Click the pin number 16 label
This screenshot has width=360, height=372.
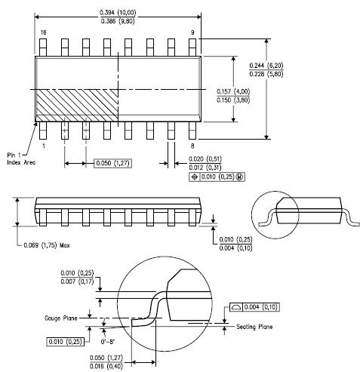coord(44,32)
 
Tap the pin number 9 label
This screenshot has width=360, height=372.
coord(192,32)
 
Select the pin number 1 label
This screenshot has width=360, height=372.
coord(44,146)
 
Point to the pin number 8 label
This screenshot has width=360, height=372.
coord(192,146)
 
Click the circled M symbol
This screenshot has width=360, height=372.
coord(240,177)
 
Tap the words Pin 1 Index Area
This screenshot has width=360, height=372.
coord(21,158)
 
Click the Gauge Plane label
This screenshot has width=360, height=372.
coord(61,318)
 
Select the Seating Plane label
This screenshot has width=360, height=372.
coord(254,327)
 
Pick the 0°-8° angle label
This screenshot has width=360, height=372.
coord(108,342)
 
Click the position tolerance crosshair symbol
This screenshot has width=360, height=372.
coord(195,177)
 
